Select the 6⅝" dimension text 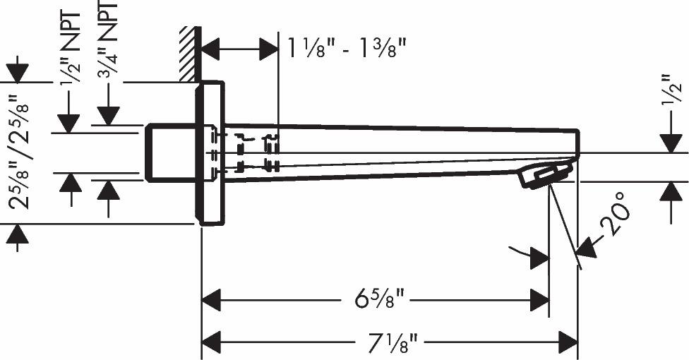coord(379,299)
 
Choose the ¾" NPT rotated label coord(108,40)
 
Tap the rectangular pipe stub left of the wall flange coord(171,152)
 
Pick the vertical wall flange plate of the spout coord(210,153)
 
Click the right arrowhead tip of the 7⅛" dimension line coord(577,342)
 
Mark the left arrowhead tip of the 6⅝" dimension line coord(202,300)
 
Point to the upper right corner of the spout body coord(578,130)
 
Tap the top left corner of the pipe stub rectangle coord(146,125)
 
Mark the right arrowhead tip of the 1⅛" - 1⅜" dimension coord(278,48)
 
